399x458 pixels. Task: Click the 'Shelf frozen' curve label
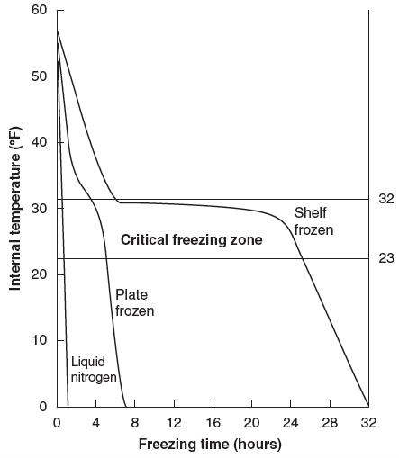click(x=313, y=221)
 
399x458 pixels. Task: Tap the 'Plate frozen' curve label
click(x=135, y=303)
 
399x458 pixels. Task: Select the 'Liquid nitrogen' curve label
click(x=94, y=369)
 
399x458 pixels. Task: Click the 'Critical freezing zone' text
click(x=192, y=240)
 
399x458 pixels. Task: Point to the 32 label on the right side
click(x=386, y=199)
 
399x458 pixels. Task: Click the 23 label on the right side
click(x=386, y=258)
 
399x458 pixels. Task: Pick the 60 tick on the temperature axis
click(x=39, y=10)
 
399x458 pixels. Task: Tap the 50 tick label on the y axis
click(x=39, y=76)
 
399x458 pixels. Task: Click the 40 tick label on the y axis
click(x=39, y=142)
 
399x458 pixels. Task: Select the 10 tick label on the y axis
click(x=39, y=340)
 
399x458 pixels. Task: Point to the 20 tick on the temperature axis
click(x=39, y=274)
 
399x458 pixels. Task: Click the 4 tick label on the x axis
click(x=95, y=423)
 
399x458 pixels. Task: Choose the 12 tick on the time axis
click(x=174, y=423)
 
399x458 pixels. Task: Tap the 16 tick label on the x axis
click(x=213, y=423)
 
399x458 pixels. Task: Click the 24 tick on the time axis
click(x=291, y=423)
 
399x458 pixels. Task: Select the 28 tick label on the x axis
click(x=330, y=423)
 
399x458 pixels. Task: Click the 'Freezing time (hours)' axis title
click(x=210, y=445)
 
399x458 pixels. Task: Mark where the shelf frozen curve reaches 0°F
click(x=368, y=406)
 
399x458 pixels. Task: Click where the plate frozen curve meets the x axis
click(x=126, y=406)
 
